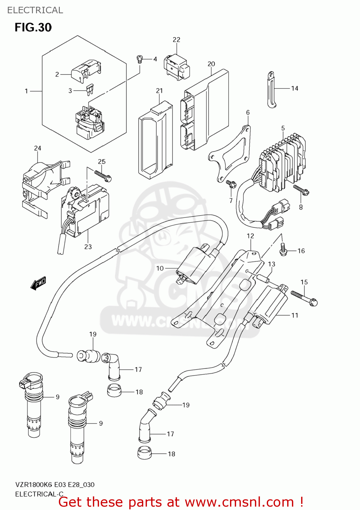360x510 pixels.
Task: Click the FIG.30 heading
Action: (33, 27)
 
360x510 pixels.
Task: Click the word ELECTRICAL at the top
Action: (35, 10)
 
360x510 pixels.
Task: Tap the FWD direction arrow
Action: (38, 283)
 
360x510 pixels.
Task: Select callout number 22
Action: (176, 40)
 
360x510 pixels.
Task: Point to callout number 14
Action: (295, 88)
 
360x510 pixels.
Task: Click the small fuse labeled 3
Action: (90, 90)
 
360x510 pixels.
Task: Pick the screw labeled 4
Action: (139, 59)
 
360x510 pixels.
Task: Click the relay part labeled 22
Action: (176, 67)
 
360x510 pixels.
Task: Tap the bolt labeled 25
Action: (103, 176)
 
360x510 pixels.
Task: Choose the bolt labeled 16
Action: (283, 250)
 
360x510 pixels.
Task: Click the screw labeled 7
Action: (231, 184)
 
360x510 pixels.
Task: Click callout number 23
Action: (88, 247)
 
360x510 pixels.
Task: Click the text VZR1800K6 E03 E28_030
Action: (55, 485)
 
